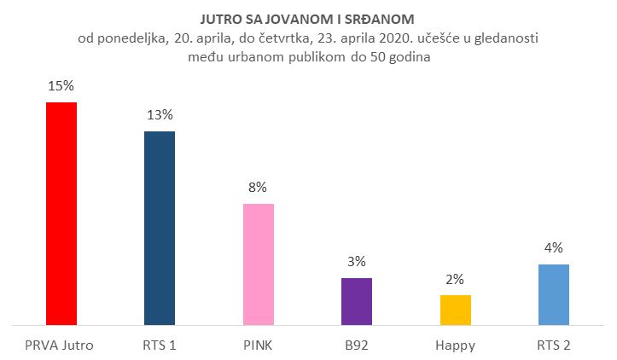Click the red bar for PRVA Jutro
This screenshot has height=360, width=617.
tap(61, 213)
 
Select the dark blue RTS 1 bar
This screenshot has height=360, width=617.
tap(160, 228)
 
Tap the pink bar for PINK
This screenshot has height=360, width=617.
tap(258, 264)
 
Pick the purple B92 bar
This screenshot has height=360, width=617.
tap(357, 301)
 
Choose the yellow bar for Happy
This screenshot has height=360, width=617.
tap(455, 310)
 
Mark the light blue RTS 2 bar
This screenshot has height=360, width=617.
tap(553, 294)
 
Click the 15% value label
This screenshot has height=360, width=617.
tap(61, 88)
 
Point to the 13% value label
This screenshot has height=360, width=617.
tap(160, 115)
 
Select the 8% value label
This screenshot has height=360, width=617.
tap(258, 188)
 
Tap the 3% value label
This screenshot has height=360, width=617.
tap(357, 262)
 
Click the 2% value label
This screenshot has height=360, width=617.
tap(455, 279)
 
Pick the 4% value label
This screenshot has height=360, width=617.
tap(553, 248)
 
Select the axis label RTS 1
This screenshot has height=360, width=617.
tap(160, 345)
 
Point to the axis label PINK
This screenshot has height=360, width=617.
tap(258, 345)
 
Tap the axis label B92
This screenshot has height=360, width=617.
tap(357, 345)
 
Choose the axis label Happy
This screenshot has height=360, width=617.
tap(455, 345)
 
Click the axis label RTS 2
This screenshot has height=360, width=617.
tap(553, 345)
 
